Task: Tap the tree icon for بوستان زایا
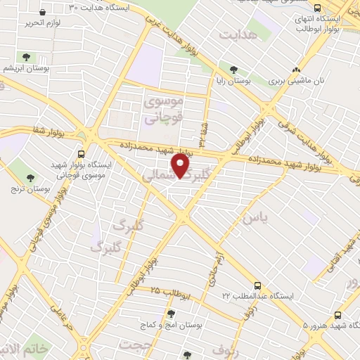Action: point(233,69)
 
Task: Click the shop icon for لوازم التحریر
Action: point(42,13)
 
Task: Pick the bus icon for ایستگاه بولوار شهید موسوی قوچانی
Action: point(82,154)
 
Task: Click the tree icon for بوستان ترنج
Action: point(30,178)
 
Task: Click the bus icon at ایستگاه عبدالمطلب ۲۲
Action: point(257,286)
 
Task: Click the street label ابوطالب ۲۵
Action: point(169,292)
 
